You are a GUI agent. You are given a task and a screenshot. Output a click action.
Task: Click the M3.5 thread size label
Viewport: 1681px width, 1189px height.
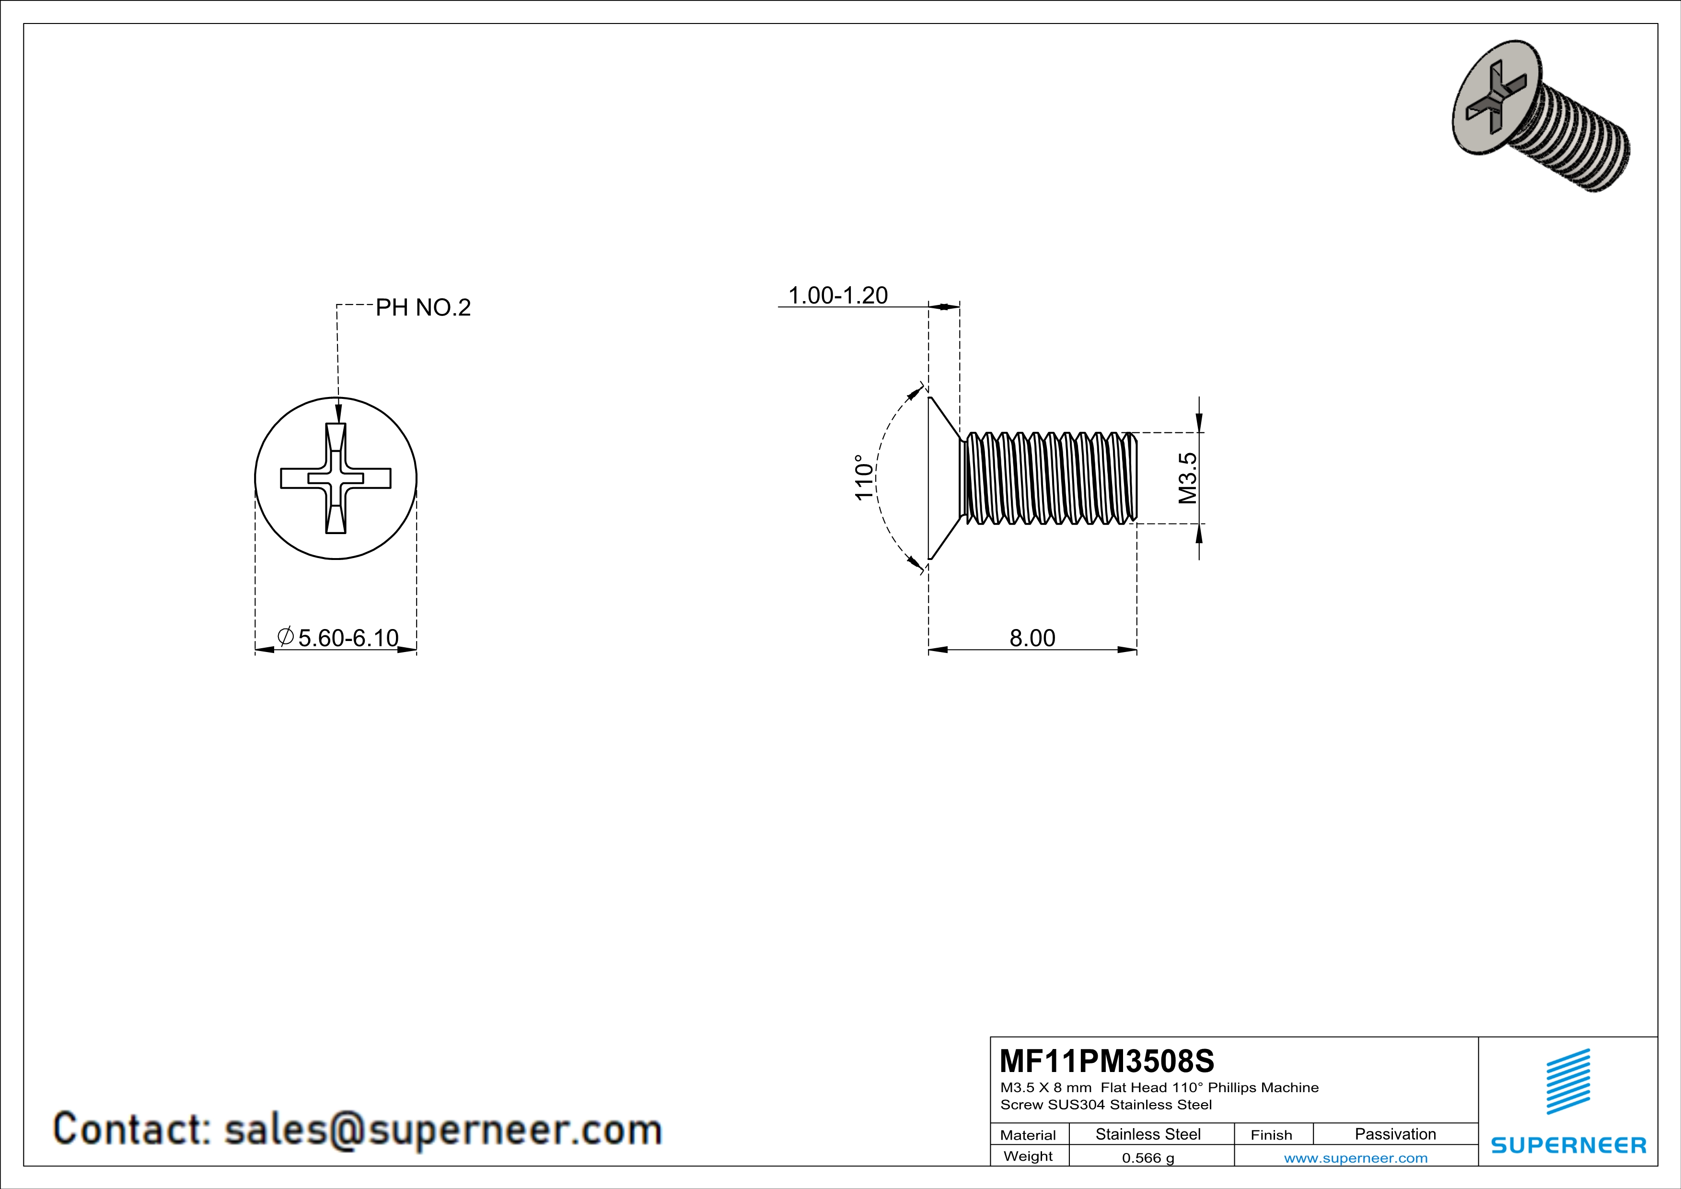coord(1188,478)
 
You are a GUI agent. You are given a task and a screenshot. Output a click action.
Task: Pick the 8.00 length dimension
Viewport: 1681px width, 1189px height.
coord(1032,638)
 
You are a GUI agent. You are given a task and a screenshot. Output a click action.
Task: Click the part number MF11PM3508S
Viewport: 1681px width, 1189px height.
coord(1106,1060)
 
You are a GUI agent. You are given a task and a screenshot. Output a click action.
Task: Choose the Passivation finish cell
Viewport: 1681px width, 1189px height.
coord(1395,1134)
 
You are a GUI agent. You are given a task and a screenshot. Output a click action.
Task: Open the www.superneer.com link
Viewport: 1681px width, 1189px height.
coord(1355,1157)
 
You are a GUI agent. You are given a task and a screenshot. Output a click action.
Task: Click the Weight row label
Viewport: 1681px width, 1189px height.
coord(1028,1156)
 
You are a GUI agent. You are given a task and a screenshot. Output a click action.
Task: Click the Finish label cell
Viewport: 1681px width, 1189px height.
coord(1271,1135)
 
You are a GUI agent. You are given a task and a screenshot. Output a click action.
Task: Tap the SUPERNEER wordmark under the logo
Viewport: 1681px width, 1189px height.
coord(1568,1145)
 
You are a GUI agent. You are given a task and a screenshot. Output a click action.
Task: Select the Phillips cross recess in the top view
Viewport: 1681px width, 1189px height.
coord(336,478)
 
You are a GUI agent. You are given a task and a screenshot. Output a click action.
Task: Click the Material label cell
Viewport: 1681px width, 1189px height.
coord(1028,1135)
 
